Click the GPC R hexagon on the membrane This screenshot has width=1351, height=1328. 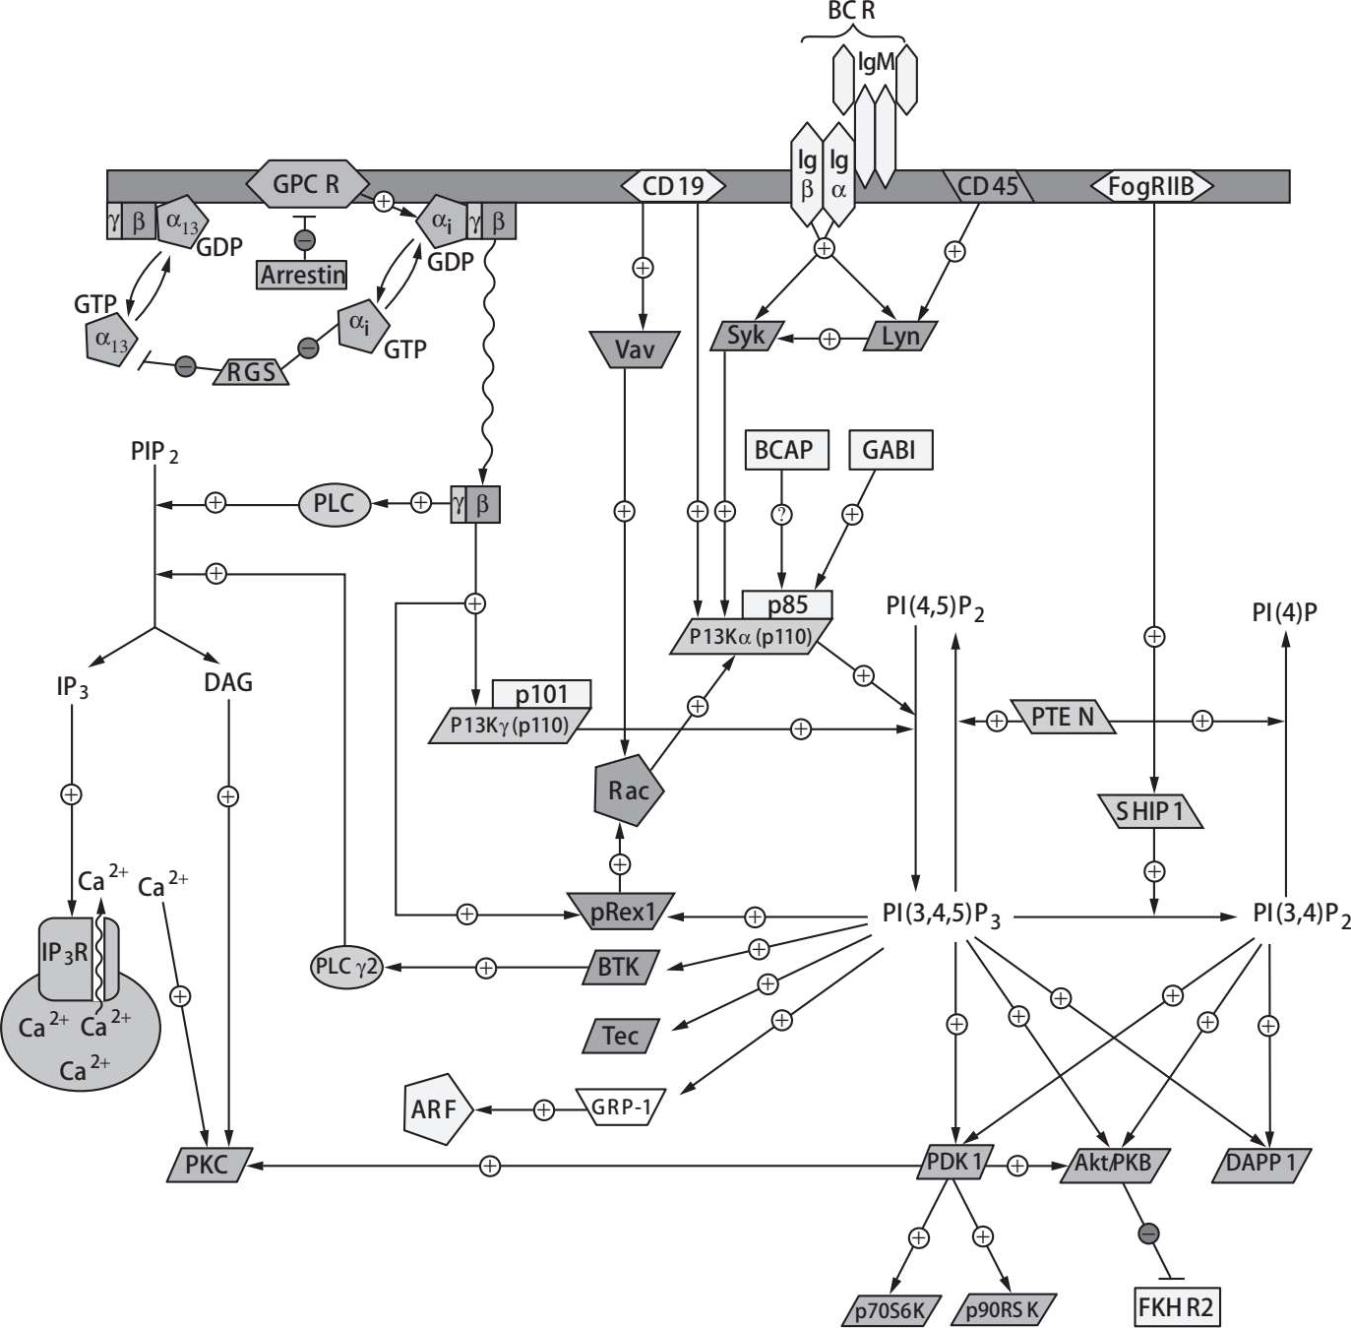306,184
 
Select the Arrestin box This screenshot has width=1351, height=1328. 302,275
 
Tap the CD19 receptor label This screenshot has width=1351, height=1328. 673,185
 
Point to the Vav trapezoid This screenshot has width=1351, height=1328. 634,349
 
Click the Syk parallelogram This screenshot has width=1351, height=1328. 746,336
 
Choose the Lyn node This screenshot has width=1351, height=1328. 899,337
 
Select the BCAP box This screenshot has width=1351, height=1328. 784,450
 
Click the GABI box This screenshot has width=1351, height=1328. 889,450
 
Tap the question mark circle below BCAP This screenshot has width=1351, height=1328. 782,515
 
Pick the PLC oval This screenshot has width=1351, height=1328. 334,503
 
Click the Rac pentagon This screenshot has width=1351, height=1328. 628,790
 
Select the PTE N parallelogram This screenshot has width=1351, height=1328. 1062,717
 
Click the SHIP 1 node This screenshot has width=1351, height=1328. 1148,812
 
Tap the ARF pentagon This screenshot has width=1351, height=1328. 435,1109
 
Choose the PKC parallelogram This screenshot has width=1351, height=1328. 208,1165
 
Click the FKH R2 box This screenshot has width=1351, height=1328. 1176,1307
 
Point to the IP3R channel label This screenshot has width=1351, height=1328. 65,953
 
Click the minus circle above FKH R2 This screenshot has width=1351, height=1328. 1148,1233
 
